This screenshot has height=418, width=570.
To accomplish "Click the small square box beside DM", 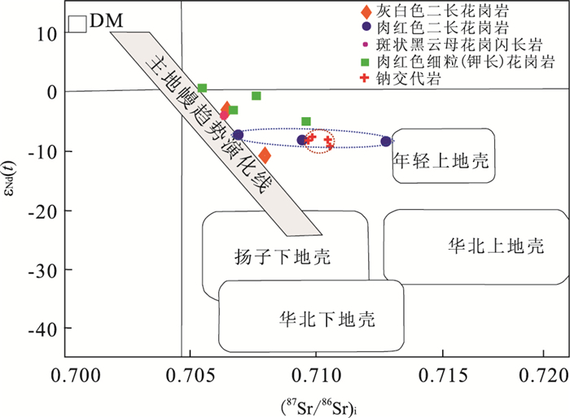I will [78, 24].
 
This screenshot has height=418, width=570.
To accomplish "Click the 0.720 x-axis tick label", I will [546, 376].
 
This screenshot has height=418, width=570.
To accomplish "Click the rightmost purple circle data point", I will [386, 142].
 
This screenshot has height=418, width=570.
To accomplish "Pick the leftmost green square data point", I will [202, 88].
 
